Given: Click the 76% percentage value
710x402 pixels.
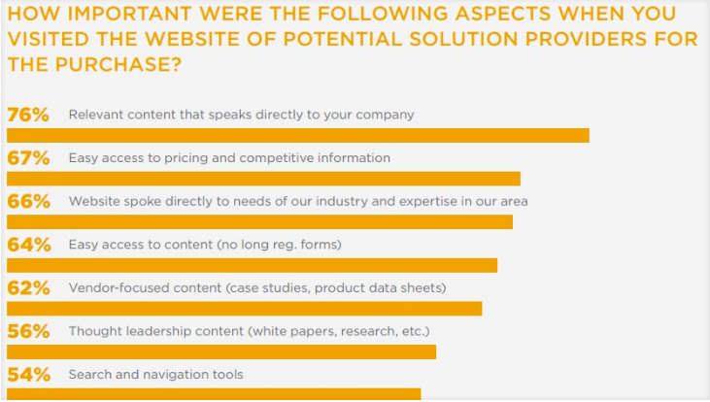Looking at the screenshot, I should pos(28,115).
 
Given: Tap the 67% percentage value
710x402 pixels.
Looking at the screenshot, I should pos(28,158).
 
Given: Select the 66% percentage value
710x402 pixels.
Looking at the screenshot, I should pos(28,202).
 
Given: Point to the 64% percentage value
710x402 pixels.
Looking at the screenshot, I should pos(28,245).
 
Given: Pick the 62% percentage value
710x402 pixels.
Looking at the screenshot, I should pos(28,288).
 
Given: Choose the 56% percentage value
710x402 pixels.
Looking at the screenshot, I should pos(28,331).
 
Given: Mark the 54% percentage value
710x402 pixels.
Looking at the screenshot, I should pos(28,375).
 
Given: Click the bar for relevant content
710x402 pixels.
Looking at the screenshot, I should pos(297,135).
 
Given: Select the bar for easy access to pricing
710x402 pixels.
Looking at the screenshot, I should pos(263,179).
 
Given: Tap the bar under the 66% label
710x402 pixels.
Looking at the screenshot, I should pos(259,222).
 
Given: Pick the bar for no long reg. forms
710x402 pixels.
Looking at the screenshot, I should pos(252,265).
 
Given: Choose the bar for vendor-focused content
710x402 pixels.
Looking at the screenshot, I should pos(244,309).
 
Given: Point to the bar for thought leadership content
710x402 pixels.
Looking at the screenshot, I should pos(221,352).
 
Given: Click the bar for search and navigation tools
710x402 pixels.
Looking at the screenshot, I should pos(214,394).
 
